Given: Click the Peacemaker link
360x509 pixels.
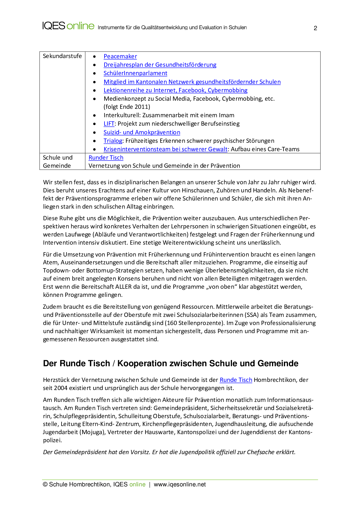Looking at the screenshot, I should tap(120, 56).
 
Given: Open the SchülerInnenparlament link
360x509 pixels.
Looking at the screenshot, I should tap(135, 73).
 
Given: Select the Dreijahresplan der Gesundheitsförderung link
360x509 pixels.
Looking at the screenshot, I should tap(160, 65).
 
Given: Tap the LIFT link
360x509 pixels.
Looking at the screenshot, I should tap(109, 124).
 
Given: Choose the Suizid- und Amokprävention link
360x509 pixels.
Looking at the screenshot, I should tap(142, 132).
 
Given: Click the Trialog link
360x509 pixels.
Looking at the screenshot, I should tap(113, 141).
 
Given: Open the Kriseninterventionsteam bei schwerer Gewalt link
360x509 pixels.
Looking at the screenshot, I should tap(165, 149).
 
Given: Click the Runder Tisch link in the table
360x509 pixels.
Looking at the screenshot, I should tap(106, 158).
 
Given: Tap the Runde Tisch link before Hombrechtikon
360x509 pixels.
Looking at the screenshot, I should tap(236, 380).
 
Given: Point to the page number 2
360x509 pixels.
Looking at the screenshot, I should tap(315, 28).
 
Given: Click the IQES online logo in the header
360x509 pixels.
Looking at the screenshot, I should tap(68, 26).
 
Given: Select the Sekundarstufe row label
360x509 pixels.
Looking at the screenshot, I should tap(62, 56).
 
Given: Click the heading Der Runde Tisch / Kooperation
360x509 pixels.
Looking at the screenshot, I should tap(170, 363).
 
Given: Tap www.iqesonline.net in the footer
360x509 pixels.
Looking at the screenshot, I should tap(180, 484).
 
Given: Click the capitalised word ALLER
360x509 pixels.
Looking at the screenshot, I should tap(124, 287).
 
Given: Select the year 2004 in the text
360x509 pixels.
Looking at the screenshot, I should tap(61, 388).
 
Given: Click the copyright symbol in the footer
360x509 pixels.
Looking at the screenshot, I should tap(45, 484).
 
